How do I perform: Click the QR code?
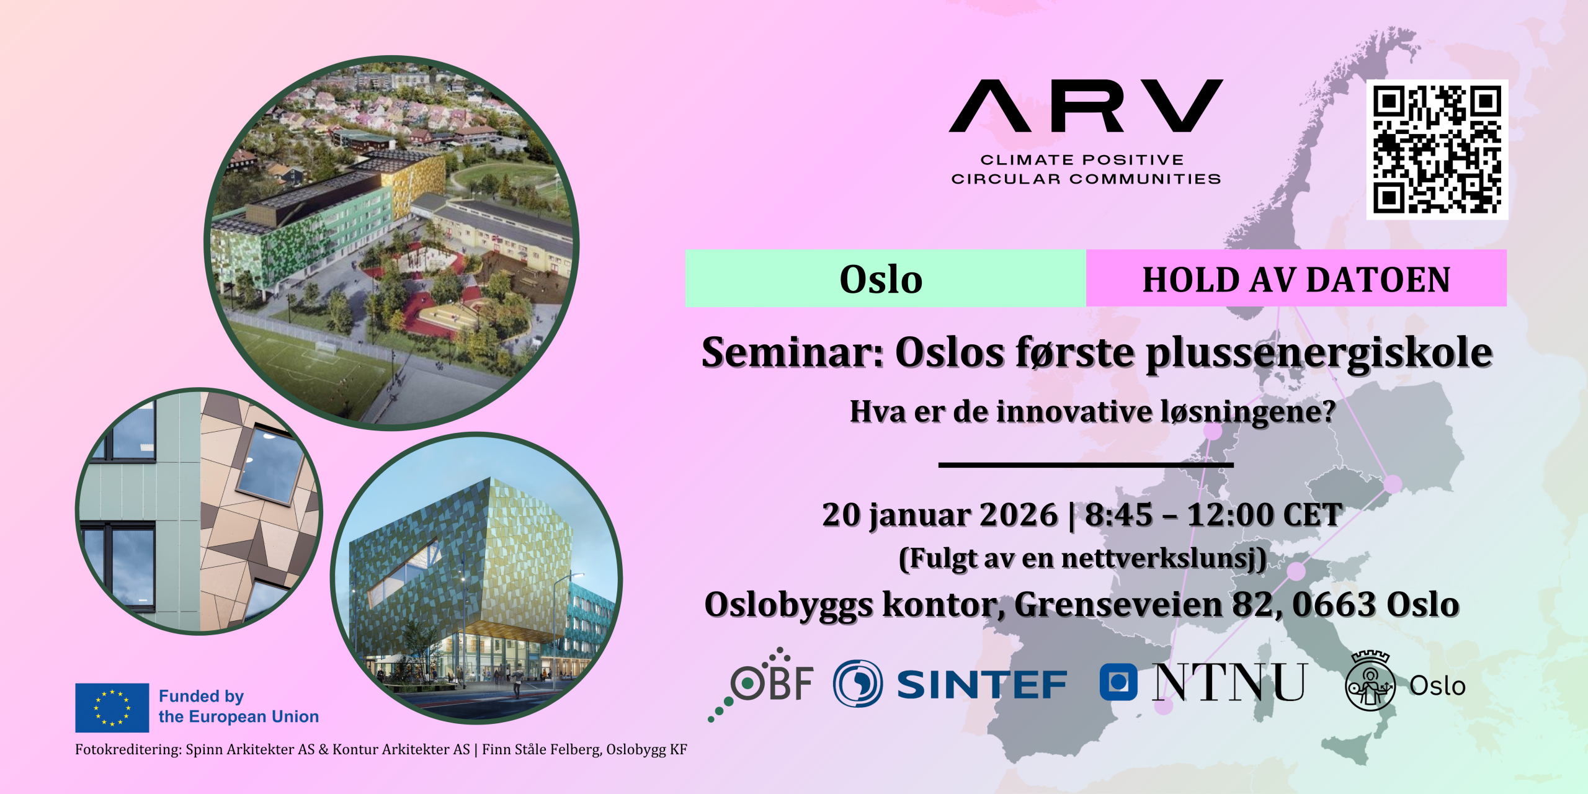(x=1437, y=149)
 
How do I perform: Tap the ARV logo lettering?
(x=1086, y=105)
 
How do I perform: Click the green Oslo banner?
(x=885, y=278)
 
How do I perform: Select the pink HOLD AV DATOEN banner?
(x=1296, y=278)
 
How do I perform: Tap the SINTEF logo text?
(x=981, y=685)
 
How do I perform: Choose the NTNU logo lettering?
(x=1229, y=682)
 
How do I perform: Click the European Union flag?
(x=112, y=708)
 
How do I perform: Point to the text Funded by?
(x=201, y=697)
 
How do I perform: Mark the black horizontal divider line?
(x=1086, y=465)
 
